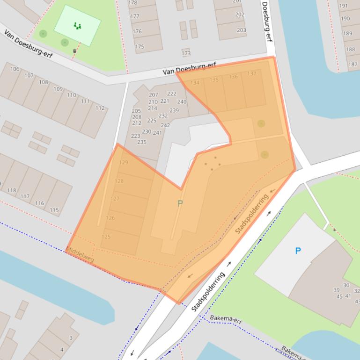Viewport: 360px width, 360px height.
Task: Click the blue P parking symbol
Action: coord(298,251)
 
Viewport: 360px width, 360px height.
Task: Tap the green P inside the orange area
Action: coord(180,203)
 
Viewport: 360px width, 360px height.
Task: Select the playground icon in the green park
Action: coord(77,26)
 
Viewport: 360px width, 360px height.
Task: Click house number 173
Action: coord(186,53)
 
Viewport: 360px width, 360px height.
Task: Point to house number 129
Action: coord(124,163)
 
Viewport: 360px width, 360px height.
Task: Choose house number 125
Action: coord(106,237)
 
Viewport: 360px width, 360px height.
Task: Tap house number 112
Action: coord(100,108)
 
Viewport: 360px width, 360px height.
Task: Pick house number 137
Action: coord(251,74)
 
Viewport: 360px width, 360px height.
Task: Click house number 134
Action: coord(195,83)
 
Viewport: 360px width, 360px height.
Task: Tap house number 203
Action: coord(241,30)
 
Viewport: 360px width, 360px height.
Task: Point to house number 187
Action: coord(353,65)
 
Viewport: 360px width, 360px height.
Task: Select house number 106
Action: coord(15,69)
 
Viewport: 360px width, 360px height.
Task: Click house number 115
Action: coord(54,210)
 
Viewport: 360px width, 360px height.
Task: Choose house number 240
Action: coord(182,102)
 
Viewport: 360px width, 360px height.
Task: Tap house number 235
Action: coord(141,142)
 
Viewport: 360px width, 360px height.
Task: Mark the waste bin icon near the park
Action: coord(74,51)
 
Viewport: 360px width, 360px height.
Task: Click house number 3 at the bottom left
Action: coord(71,338)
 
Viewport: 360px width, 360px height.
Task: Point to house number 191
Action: coord(344,6)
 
